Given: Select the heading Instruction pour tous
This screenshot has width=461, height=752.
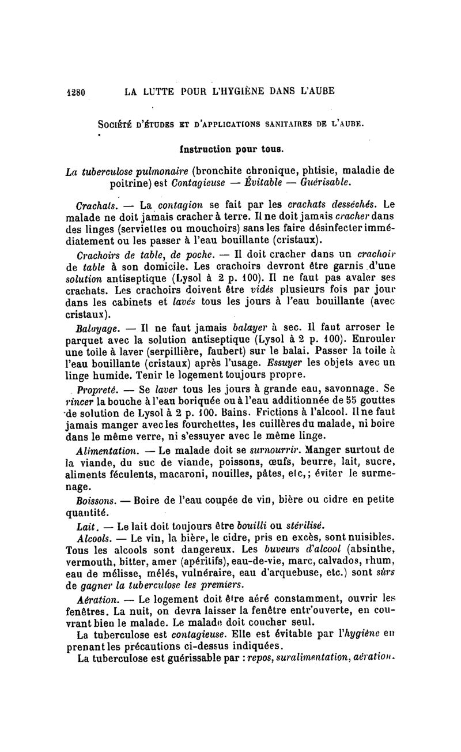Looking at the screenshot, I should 231,151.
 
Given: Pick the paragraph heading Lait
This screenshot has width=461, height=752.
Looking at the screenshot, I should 86,526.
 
